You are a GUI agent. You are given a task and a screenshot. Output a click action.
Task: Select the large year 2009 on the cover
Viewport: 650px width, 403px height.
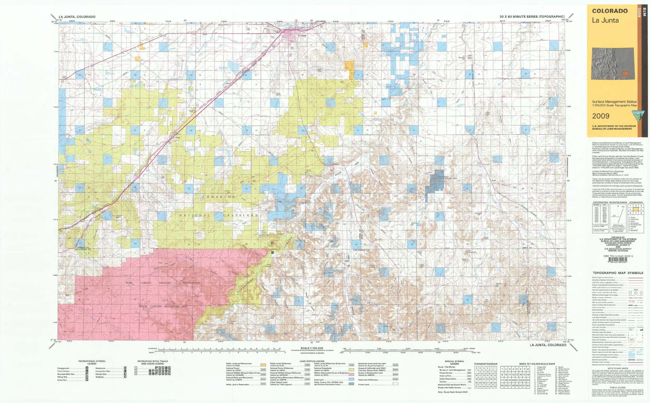(x=601, y=116)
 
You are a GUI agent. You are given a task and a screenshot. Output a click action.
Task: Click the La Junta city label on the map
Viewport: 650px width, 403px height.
(x=302, y=36)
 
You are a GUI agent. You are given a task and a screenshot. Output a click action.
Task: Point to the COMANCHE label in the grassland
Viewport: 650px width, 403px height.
(x=219, y=197)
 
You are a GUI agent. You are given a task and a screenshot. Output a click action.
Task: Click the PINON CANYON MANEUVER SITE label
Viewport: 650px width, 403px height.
(x=163, y=306)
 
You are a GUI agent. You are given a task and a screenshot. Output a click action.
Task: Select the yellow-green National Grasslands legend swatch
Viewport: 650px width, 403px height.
(x=352, y=370)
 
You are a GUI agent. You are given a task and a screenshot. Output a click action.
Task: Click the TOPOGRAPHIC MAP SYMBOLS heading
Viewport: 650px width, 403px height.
(x=618, y=273)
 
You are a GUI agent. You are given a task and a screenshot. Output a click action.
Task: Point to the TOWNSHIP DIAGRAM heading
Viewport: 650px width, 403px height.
(x=485, y=364)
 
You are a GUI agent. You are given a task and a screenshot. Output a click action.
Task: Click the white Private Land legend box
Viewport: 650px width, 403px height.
(x=395, y=384)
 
